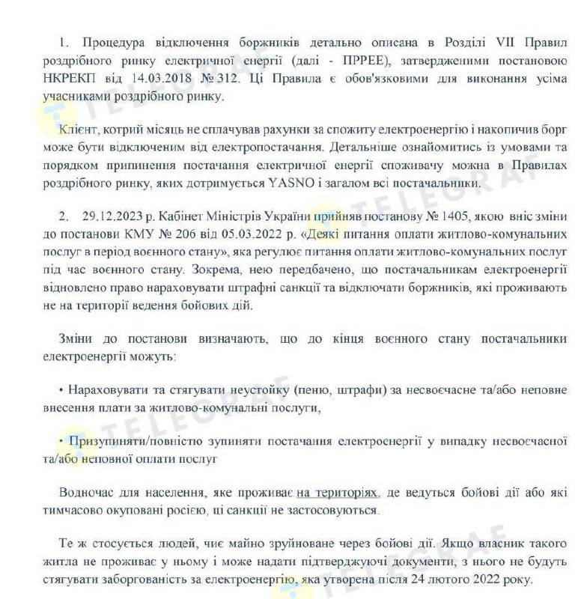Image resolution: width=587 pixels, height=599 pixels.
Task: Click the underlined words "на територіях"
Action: (x=338, y=493)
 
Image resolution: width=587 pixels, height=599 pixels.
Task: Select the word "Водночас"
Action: (x=88, y=493)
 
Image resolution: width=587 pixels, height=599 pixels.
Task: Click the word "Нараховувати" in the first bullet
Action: (x=106, y=390)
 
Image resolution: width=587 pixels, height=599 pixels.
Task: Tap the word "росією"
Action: (x=264, y=510)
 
